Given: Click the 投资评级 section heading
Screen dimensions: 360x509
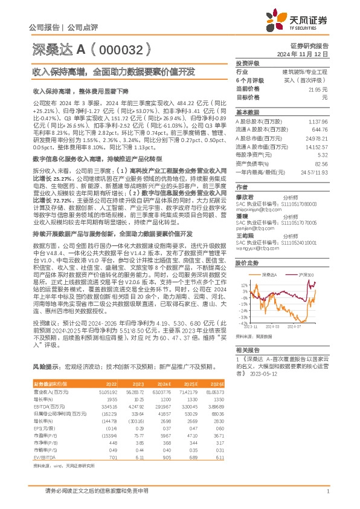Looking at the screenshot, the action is point(247,63).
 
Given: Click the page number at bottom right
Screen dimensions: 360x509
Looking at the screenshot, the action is point(327,491).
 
